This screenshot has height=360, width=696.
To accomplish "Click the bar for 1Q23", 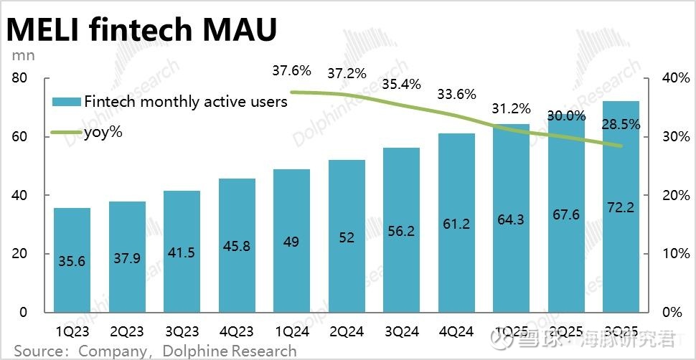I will pos(72,260).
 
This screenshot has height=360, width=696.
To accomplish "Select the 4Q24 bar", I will pos(456,222).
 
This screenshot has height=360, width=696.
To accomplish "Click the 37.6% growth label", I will pos(291,71).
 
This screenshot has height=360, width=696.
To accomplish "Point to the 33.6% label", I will pos(456,94).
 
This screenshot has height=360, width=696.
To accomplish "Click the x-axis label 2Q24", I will pos(347,332).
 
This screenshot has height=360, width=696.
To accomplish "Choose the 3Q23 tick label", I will pos(182,332).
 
